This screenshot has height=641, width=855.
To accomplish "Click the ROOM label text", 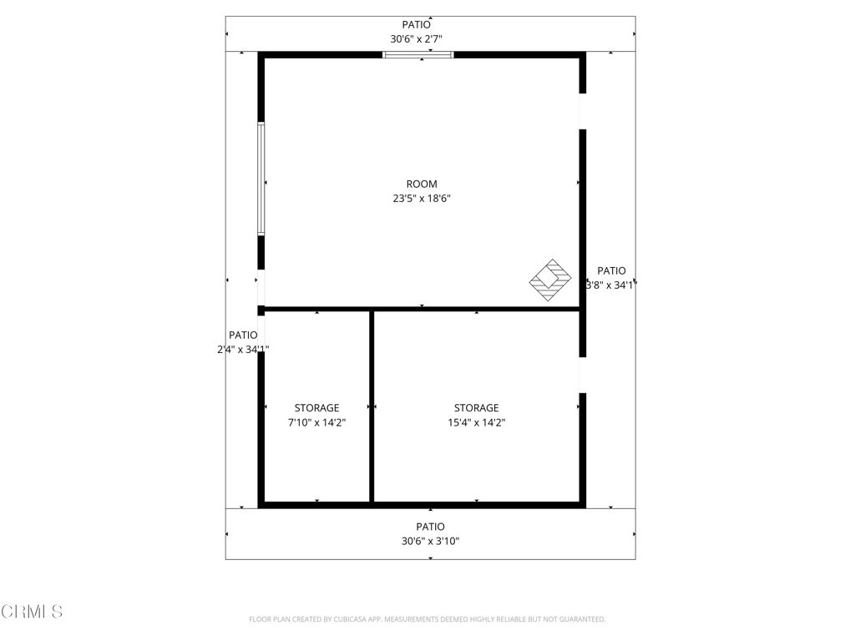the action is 422,184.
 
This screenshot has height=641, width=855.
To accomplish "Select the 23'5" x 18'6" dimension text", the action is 422,199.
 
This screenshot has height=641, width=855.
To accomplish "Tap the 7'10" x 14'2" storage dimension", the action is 316,422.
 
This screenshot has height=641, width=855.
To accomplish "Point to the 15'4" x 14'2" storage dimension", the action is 477,422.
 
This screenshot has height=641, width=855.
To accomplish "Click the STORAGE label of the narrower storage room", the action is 316,408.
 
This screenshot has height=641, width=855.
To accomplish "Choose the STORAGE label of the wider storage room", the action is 477,408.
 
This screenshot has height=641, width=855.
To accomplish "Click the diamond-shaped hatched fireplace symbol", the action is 550,280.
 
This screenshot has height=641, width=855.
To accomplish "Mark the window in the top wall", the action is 418,54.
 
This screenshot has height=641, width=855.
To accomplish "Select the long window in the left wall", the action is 261,179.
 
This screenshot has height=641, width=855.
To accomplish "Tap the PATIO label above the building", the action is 416,24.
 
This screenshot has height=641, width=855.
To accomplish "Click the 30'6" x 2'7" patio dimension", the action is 416,39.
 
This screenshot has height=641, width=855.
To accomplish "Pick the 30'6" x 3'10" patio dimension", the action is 430,541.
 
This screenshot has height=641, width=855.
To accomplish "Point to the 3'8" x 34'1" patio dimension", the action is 611,285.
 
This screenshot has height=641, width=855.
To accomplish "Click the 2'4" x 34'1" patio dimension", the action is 243,350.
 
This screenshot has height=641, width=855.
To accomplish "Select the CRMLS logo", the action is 32,612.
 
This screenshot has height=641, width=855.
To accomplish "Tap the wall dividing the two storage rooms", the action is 372,406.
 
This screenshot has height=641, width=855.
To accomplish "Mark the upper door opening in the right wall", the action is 582,111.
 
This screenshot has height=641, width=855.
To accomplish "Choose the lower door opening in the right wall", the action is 582,375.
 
